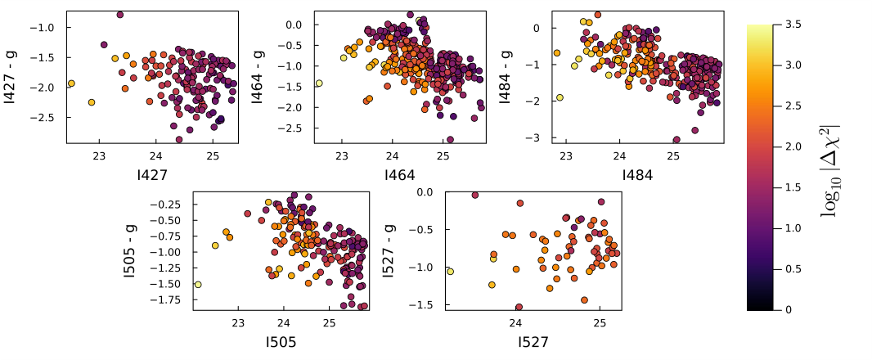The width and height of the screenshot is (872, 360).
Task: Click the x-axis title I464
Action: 399,174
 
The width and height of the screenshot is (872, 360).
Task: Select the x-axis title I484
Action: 637,174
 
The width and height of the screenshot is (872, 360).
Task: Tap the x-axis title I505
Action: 281,342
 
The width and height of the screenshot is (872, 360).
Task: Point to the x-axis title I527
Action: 533,342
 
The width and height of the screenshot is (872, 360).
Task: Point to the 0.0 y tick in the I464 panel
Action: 295,25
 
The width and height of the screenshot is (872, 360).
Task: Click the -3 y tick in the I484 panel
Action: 537,138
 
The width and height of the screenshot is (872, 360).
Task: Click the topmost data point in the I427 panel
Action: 120,15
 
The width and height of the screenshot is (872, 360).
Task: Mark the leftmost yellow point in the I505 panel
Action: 198,285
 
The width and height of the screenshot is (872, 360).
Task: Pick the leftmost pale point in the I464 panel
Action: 319,83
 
